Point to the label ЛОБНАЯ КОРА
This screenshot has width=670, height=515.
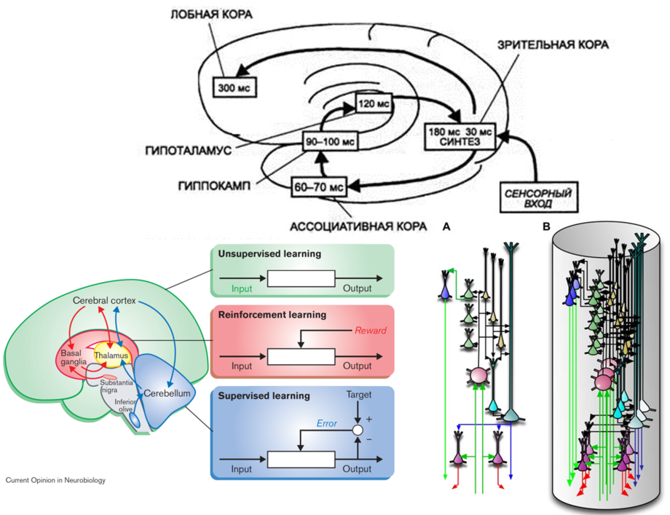point(212,15)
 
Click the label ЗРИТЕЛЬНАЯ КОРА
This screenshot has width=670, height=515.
point(553,44)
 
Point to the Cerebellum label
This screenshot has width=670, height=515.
point(167,393)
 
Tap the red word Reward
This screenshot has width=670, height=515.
point(371,330)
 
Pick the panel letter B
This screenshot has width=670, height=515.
point(546,227)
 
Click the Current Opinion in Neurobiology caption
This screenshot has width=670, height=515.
point(55,481)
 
